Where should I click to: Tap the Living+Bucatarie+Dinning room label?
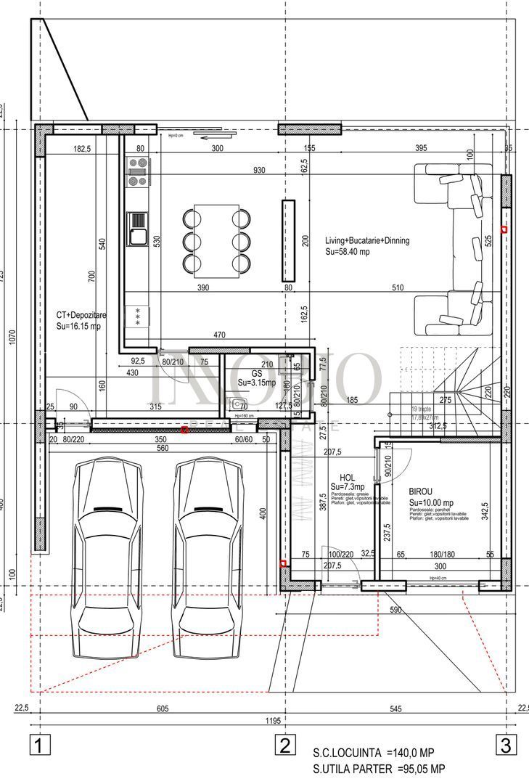click(366, 241)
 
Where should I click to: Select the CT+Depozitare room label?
click(82, 316)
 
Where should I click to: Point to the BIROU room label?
click(421, 491)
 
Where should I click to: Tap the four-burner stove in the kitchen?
click(137, 171)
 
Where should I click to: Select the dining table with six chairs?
click(216, 240)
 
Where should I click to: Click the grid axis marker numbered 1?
click(40, 745)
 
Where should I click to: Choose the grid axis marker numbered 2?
click(284, 745)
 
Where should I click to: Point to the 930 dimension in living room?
click(259, 170)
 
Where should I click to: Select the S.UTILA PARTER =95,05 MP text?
click(379, 769)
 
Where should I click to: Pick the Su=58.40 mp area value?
click(348, 252)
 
